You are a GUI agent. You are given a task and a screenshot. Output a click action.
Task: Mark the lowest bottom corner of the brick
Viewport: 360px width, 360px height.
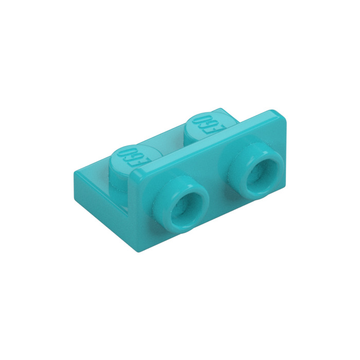(139, 252)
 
